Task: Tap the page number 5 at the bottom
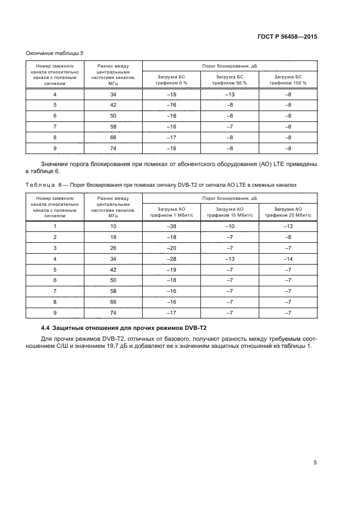point(315,463)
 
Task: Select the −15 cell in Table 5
point(172,95)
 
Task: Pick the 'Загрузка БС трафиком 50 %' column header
point(230,80)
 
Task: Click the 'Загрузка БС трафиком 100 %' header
point(288,80)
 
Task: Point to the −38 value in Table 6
point(172,226)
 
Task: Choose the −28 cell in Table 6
point(172,259)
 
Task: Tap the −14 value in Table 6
point(288,259)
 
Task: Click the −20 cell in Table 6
point(172,248)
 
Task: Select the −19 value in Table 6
point(172,269)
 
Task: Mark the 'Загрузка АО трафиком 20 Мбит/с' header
point(288,211)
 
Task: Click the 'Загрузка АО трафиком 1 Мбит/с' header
point(172,211)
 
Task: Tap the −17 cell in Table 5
point(172,138)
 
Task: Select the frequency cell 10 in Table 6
point(113,226)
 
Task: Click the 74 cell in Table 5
point(113,149)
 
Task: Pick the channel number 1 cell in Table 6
point(54,226)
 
